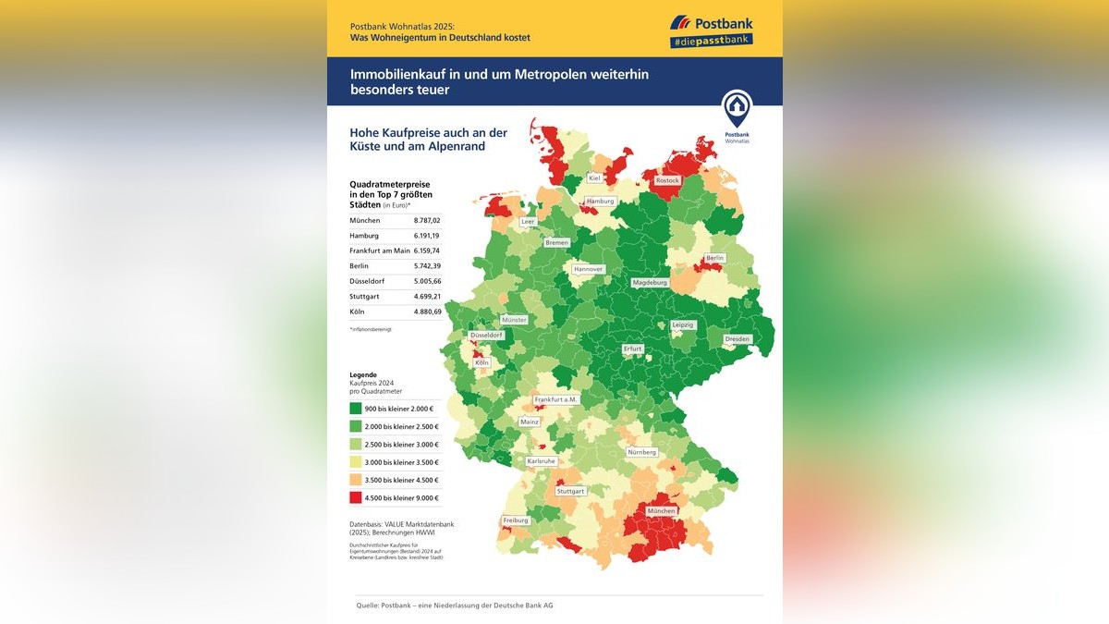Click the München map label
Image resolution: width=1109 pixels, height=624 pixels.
(661, 511)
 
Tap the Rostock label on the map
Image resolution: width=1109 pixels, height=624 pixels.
(666, 181)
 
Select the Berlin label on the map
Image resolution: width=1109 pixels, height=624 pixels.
(714, 258)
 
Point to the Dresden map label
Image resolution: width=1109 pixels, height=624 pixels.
(737, 339)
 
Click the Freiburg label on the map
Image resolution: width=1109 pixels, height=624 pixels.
(516, 520)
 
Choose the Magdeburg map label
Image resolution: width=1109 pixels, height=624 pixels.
(650, 282)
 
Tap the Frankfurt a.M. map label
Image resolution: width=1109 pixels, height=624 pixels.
(555, 399)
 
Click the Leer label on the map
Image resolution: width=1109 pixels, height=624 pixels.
(529, 222)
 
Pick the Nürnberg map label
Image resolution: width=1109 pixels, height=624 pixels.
(641, 452)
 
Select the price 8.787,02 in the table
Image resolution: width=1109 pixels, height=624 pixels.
(426, 221)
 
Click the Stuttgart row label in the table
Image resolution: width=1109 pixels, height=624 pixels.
(365, 297)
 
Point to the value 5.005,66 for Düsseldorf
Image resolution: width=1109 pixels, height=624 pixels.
(426, 281)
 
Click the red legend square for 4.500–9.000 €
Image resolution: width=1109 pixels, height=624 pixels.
(355, 497)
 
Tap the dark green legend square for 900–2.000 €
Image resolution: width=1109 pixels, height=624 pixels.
(355, 409)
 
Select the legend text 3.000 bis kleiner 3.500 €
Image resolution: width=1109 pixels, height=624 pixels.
(401, 462)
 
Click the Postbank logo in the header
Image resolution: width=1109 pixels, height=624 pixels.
(712, 22)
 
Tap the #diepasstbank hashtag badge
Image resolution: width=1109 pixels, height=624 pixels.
(711, 42)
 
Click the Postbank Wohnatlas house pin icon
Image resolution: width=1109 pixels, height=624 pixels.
(737, 109)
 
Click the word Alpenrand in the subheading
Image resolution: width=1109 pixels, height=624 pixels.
(455, 146)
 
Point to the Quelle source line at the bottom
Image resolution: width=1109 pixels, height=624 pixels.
(454, 605)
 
